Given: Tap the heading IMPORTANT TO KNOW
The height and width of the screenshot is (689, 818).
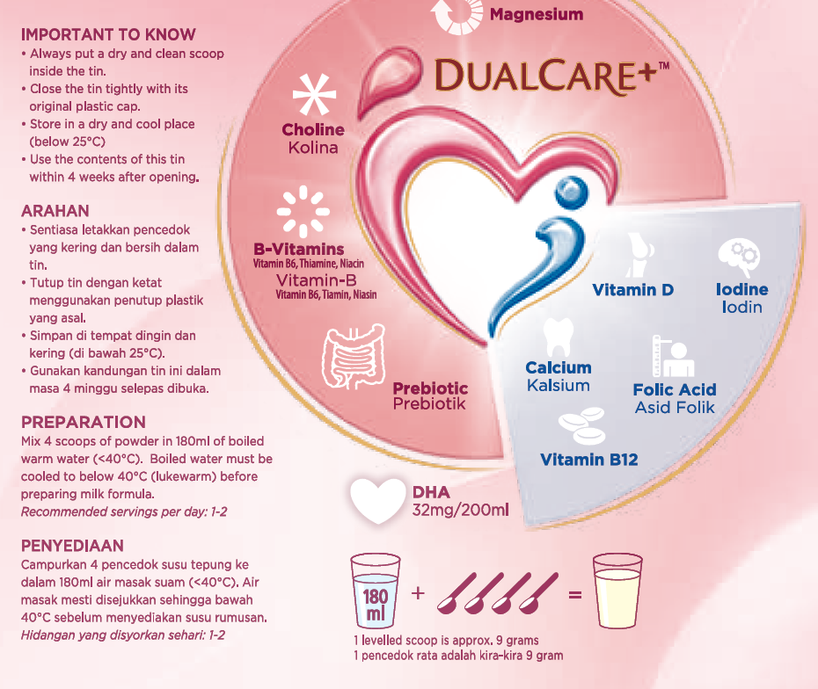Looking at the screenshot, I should coord(108,35).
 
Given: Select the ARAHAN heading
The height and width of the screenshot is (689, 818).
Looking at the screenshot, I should coord(55,211).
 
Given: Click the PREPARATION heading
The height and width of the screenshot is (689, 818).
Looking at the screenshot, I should coord(84,422).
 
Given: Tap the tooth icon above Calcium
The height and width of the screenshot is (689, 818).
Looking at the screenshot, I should coord(558,337).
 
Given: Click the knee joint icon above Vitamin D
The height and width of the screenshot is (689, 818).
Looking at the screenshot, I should coord(637,255).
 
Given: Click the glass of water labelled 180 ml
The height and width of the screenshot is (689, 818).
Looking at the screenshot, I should coord(376,591).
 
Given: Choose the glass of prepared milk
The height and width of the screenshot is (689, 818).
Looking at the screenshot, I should coord(619,591).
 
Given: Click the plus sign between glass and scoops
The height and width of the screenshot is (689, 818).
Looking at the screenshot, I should coord(418,593).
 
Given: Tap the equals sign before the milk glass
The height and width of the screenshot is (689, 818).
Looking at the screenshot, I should coord(575,595).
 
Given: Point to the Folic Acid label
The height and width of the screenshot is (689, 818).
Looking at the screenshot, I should coord(675,389).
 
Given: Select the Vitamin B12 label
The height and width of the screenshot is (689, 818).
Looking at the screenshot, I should coord(588,460).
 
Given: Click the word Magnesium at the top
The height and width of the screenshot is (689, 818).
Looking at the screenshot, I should coord(537,14).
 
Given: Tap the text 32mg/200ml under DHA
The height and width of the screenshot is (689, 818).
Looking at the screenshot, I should coord(461,510).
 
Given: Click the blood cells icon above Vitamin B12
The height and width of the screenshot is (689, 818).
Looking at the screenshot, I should coord(583,426).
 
